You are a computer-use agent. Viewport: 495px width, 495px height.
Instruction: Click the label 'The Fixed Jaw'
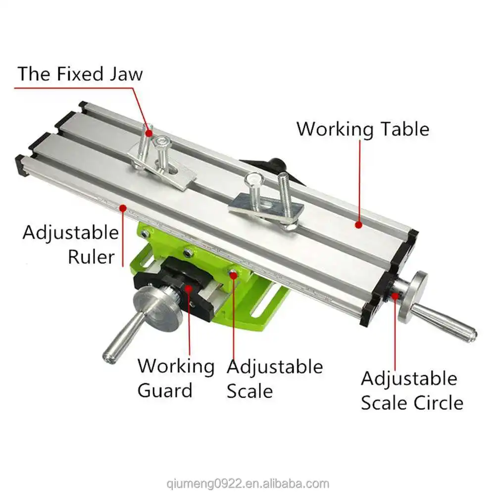(x=80, y=73)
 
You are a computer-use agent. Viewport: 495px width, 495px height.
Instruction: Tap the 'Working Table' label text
(x=362, y=129)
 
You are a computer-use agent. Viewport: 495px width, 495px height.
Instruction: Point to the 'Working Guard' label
(x=176, y=378)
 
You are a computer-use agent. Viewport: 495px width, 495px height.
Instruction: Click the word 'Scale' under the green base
(x=249, y=391)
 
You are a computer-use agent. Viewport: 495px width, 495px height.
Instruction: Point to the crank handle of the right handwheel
(x=445, y=322)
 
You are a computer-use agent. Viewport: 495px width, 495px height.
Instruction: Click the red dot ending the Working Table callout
(x=358, y=225)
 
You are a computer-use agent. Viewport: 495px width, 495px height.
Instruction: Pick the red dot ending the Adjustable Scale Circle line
(x=396, y=297)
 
